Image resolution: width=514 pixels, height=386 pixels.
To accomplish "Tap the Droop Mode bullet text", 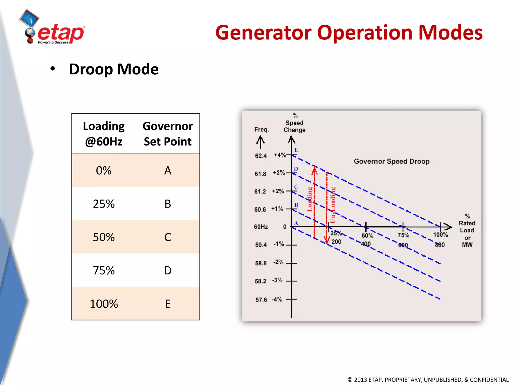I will (113, 69).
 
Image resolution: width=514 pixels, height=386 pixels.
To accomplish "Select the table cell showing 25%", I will (104, 204).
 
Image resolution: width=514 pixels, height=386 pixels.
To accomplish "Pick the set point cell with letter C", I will (168, 237).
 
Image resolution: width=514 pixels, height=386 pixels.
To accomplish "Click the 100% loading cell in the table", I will (104, 304).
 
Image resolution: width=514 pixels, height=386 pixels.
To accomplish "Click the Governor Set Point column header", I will (168, 134).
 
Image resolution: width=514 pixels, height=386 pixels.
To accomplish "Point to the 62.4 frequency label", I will (261, 156).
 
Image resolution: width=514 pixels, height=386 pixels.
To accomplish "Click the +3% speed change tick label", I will (279, 173).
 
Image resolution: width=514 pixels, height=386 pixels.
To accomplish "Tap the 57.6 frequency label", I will (261, 300).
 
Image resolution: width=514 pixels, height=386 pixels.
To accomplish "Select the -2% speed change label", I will (278, 262).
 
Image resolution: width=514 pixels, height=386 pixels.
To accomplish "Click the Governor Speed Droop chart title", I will (392, 161).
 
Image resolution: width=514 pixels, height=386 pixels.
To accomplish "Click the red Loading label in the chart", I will (310, 199).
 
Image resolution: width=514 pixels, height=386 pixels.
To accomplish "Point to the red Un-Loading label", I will (333, 205).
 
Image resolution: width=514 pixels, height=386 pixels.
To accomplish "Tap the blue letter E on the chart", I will (296, 150).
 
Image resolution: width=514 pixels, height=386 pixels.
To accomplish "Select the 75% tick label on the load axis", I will (403, 235).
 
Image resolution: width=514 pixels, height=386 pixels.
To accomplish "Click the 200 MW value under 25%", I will (336, 242).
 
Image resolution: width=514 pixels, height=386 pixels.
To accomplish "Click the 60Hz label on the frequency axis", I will (261, 227).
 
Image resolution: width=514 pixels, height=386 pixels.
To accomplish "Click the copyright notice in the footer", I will (428, 380).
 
